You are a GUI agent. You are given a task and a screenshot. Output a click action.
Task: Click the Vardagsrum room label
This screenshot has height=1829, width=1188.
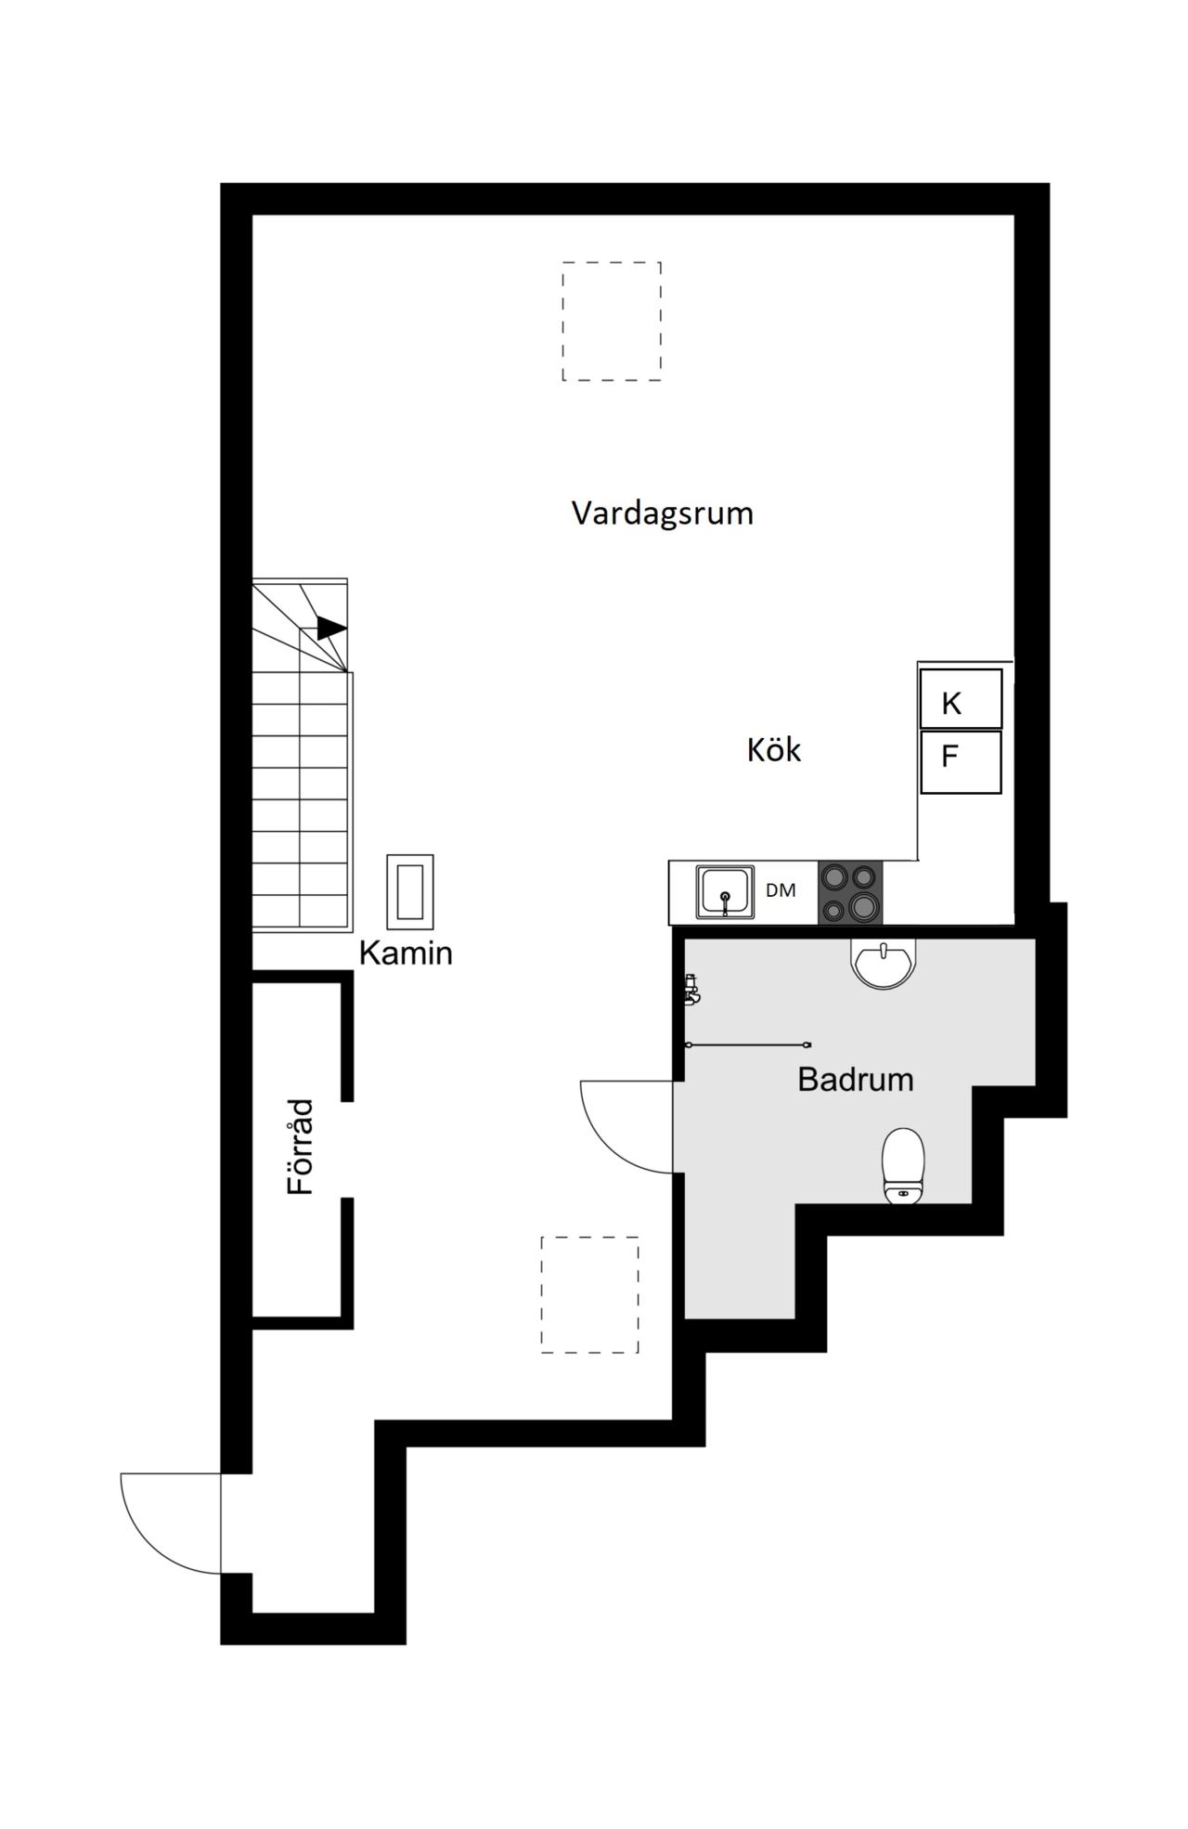point(662,513)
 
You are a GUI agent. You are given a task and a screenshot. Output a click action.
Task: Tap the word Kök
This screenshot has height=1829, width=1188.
point(774,749)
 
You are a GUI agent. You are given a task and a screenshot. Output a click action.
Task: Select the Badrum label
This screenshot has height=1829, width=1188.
point(856,1079)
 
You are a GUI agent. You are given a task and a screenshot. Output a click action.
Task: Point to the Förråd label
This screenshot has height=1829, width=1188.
point(301,1147)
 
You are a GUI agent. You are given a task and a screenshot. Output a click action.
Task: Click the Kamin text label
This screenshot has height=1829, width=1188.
point(406,953)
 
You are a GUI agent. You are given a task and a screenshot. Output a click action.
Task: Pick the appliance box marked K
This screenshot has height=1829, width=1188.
point(961,698)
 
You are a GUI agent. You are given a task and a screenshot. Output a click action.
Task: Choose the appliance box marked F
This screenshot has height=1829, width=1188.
point(961,762)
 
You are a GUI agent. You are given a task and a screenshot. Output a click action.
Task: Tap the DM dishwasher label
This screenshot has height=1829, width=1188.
point(781,890)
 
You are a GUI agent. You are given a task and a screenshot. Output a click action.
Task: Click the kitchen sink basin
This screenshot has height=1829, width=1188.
point(726,891)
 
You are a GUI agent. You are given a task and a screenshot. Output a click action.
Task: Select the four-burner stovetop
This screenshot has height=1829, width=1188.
point(850,892)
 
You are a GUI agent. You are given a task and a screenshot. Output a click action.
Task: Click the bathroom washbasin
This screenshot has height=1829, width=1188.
point(884,963)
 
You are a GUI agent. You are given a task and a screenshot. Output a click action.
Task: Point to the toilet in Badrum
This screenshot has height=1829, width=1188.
point(904,1166)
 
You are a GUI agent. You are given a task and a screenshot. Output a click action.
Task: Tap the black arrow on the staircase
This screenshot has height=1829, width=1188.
point(331,629)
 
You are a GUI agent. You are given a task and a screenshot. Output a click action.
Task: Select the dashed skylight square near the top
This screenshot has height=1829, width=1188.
point(612,321)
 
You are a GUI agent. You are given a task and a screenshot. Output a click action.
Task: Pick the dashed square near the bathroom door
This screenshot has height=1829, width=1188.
point(590,1294)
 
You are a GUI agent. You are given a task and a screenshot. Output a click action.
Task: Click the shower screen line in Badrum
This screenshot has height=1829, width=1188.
point(748,1045)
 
